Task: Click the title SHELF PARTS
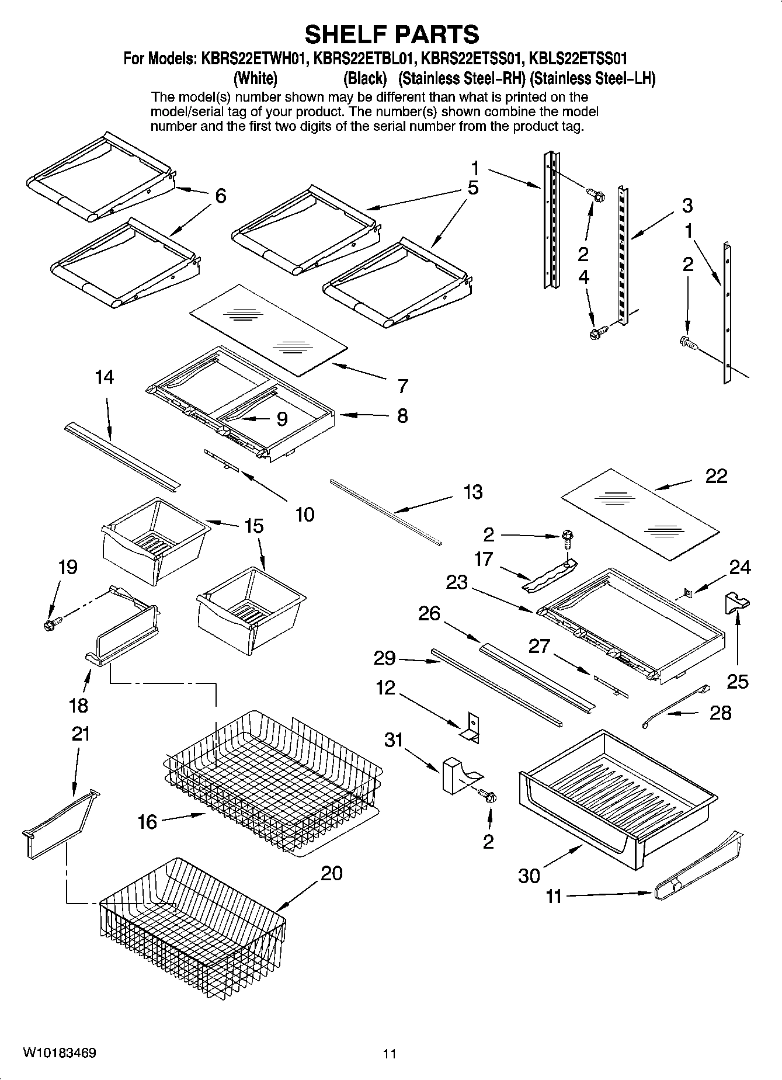pyautogui.click(x=392, y=34)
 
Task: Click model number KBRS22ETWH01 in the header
pyautogui.click(x=255, y=58)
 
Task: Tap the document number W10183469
pyautogui.click(x=60, y=1053)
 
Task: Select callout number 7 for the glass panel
pyautogui.click(x=403, y=386)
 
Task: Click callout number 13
pyautogui.click(x=472, y=492)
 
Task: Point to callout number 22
pyautogui.click(x=716, y=476)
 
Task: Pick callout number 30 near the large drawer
pyautogui.click(x=529, y=876)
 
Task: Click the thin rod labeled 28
pyautogui.click(x=675, y=707)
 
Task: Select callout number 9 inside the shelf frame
pyautogui.click(x=281, y=419)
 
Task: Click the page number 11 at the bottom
pyautogui.click(x=390, y=1054)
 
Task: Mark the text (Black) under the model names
pyautogui.click(x=365, y=78)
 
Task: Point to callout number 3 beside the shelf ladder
pyautogui.click(x=687, y=206)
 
